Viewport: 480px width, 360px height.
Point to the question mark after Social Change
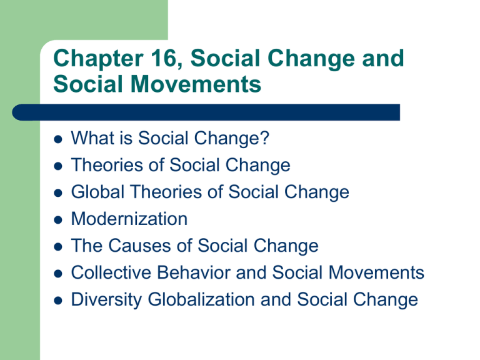(265, 138)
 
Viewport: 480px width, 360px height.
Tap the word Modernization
(129, 219)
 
